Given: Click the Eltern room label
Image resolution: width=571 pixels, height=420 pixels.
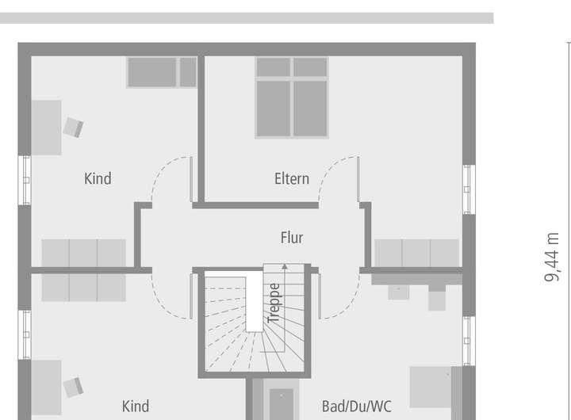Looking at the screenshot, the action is pos(292,179).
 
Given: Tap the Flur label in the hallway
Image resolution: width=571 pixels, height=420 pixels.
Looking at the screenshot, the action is pos(292,238).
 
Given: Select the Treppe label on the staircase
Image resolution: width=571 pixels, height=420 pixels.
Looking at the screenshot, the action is pos(274,304).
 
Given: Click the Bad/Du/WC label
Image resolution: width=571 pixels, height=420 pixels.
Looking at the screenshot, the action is pos(357,407).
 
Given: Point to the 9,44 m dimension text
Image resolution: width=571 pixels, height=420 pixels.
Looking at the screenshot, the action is pos(552,257).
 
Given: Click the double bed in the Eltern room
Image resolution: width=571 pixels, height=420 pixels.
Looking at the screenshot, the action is pos(292,97).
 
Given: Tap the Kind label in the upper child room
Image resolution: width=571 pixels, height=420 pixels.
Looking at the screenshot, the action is pos(98,179).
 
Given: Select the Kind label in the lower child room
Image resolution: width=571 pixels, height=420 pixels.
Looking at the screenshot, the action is pos(135,407).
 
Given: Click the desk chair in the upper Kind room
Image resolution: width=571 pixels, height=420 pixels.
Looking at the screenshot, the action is pos(73,128).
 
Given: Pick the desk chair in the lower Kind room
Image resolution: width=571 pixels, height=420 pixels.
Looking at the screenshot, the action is pos(73,388).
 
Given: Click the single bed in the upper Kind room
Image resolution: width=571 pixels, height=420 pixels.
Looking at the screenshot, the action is pos(162,72).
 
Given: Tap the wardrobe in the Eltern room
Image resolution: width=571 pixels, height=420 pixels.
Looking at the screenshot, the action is pos(416,253).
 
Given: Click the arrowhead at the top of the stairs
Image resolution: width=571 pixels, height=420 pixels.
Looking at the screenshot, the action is pos(285,267).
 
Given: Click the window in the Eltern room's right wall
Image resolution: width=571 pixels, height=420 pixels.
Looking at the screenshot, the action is pos(469,189).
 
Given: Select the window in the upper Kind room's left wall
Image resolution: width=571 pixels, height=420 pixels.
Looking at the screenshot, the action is pos(25,181).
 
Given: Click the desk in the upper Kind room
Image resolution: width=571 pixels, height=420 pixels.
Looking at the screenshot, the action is pos(46,128).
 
